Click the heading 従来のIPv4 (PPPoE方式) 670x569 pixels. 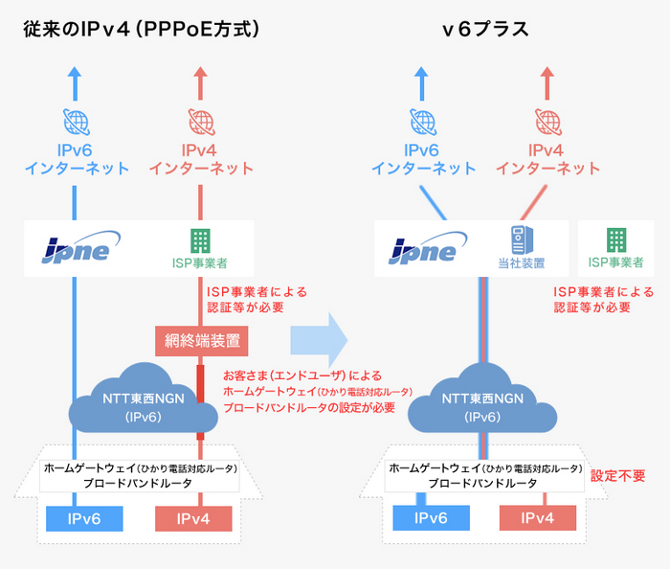coord(142,30)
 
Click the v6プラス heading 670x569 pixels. coord(485,30)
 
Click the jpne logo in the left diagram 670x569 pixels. coord(76,247)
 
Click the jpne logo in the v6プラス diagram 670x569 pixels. coord(424,248)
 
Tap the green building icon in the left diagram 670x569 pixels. coord(200,239)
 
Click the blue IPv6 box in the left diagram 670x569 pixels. coord(85,518)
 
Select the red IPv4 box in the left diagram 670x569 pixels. coord(194,518)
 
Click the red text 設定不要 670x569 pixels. coord(618,475)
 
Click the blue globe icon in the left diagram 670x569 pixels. coord(75,122)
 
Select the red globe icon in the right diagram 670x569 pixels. coord(548,122)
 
